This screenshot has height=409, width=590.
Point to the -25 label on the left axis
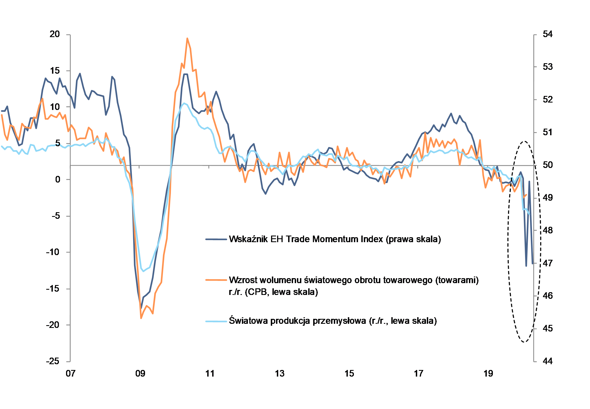[53, 361]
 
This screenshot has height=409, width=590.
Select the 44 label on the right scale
[547, 361]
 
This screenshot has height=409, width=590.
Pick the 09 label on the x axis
[140, 374]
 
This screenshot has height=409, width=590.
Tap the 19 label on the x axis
[488, 374]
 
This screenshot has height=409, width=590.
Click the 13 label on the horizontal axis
[280, 374]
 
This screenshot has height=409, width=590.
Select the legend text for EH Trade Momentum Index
[335, 239]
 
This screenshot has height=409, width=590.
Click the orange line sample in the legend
[216, 280]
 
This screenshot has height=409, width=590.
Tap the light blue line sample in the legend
[216, 321]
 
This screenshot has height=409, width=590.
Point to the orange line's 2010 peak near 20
[187, 38]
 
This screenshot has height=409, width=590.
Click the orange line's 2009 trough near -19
[141, 318]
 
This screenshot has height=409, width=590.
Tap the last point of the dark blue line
[532, 263]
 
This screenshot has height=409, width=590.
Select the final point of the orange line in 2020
[526, 195]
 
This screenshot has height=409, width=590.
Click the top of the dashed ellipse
[525, 142]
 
